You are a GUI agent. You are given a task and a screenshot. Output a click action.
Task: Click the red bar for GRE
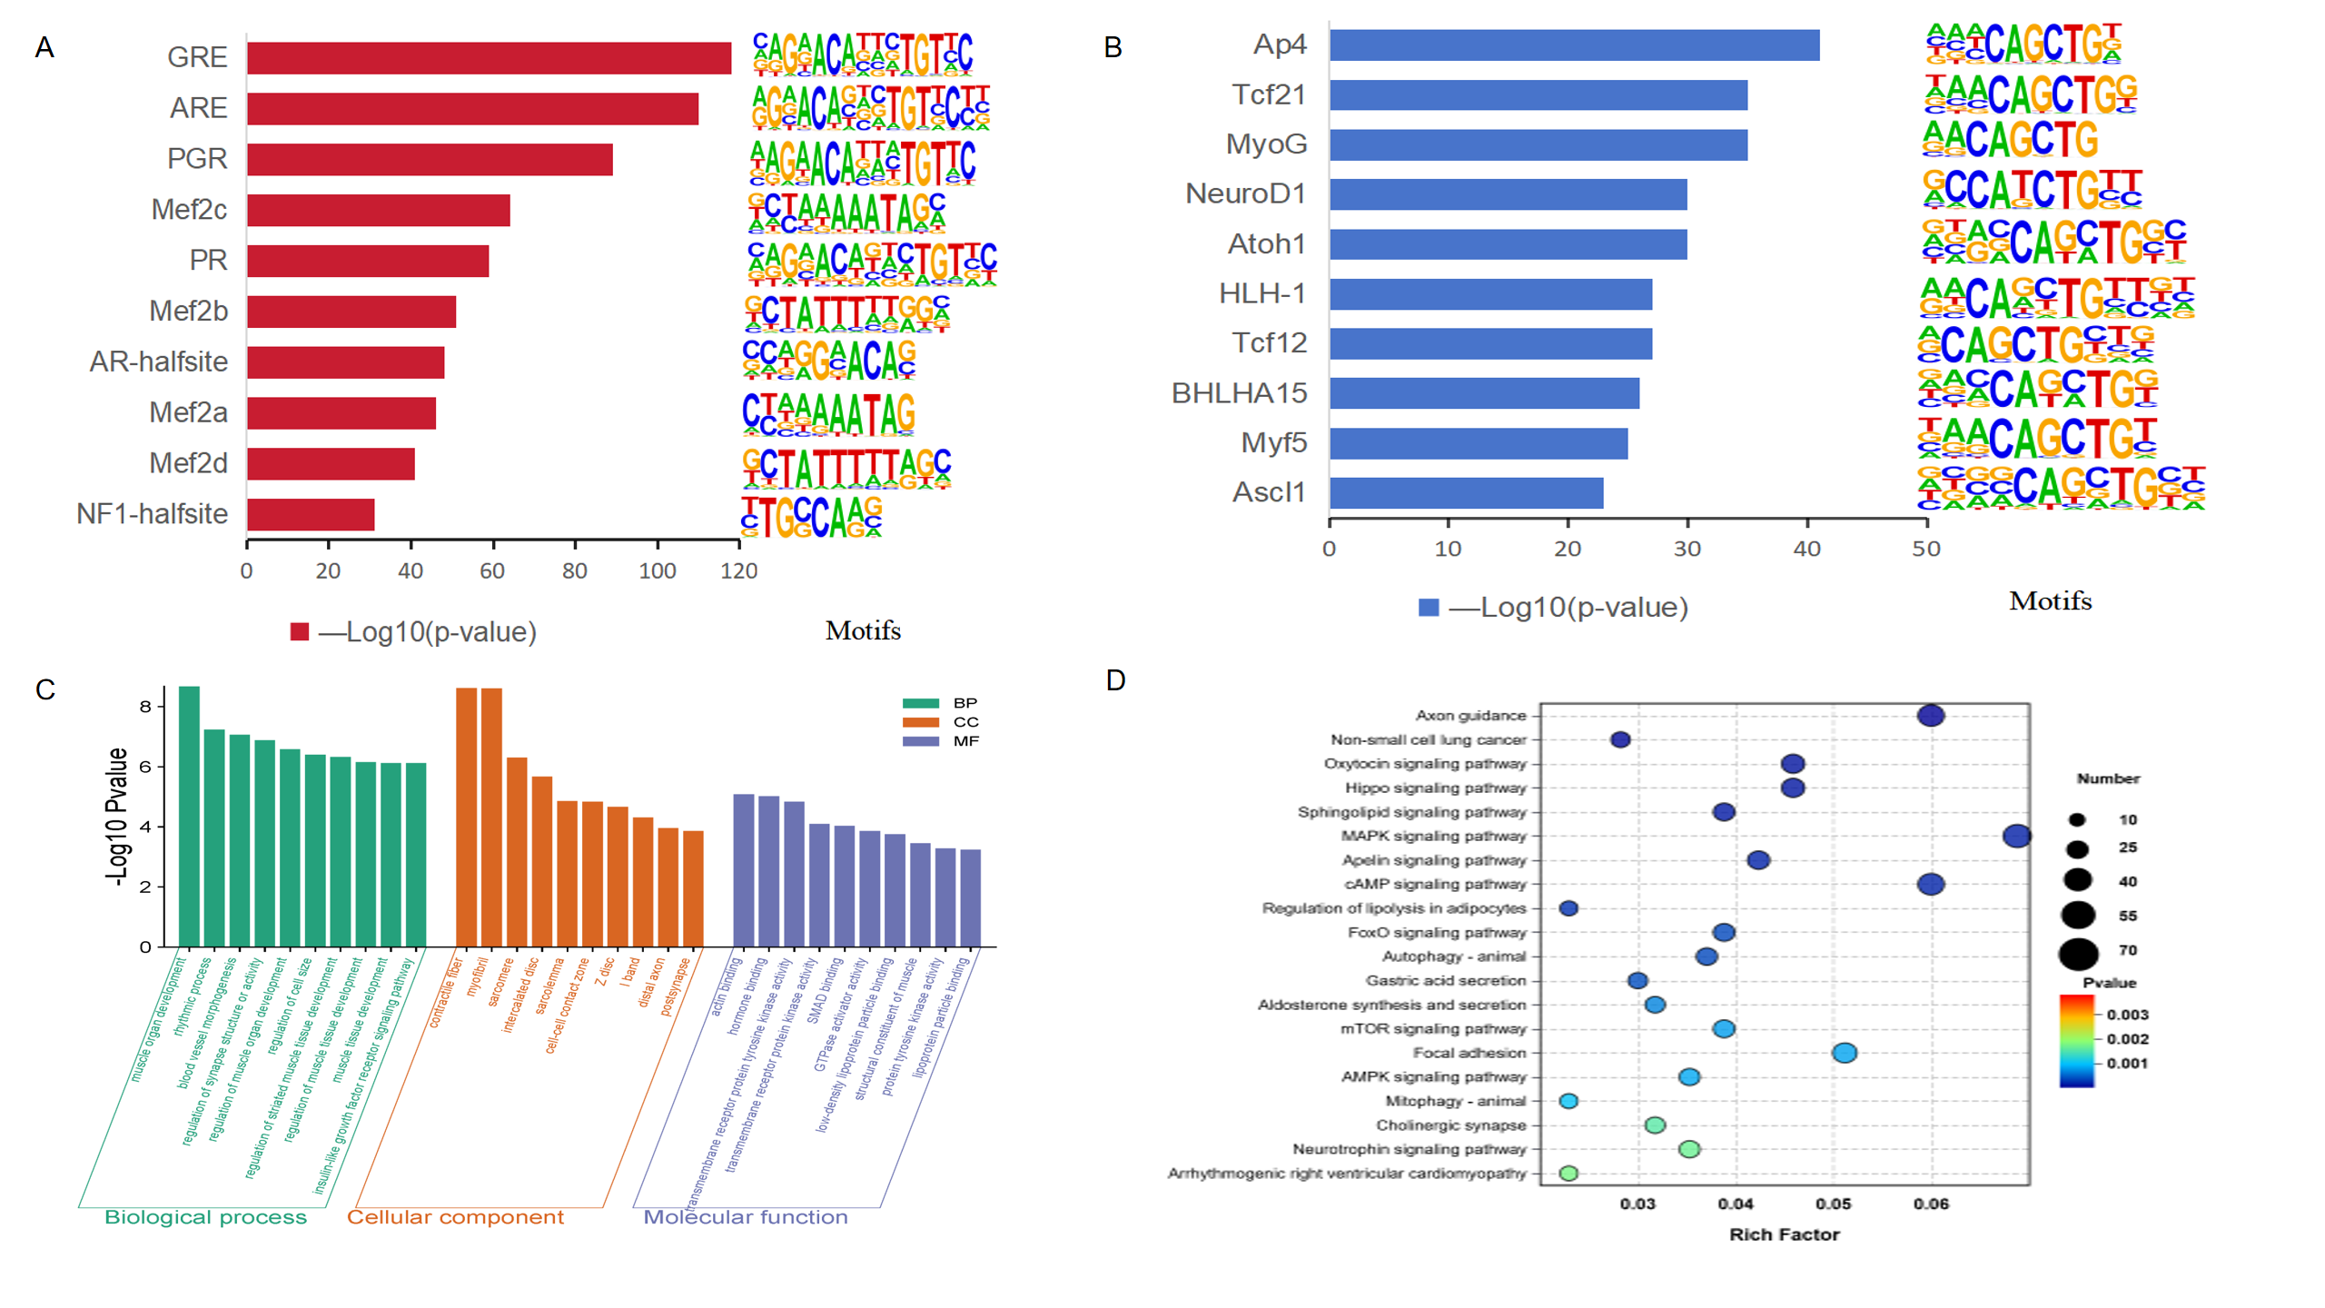[489, 58]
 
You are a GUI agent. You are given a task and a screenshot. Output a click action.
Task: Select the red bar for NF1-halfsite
[311, 514]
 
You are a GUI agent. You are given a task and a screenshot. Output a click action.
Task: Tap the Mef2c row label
[189, 210]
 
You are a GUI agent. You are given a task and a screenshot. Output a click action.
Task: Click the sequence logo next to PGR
[862, 162]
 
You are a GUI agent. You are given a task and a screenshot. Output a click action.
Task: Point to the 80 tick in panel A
[574, 570]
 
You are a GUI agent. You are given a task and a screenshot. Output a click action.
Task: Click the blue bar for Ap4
[1574, 45]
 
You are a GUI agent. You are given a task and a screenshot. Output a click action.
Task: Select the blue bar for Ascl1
[1466, 492]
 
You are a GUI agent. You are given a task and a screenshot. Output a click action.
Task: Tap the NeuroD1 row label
[1245, 193]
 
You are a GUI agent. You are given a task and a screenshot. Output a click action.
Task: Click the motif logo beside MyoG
[2010, 140]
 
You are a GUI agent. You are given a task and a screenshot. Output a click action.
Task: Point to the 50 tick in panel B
[1925, 549]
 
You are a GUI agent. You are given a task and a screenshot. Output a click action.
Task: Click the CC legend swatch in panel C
[920, 722]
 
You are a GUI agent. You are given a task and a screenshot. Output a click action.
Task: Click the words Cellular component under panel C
[455, 1217]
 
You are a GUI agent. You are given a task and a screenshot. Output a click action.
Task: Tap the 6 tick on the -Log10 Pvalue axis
[145, 767]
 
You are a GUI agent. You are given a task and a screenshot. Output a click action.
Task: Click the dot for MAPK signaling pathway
[2016, 836]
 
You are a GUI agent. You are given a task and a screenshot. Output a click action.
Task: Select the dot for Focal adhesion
[1844, 1053]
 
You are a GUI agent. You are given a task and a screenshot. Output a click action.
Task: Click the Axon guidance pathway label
[1470, 716]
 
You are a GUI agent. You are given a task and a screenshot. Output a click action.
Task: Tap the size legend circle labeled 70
[2078, 954]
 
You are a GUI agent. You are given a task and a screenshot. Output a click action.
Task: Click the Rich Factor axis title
[1784, 1234]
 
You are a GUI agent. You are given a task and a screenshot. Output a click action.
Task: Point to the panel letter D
[1115, 680]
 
